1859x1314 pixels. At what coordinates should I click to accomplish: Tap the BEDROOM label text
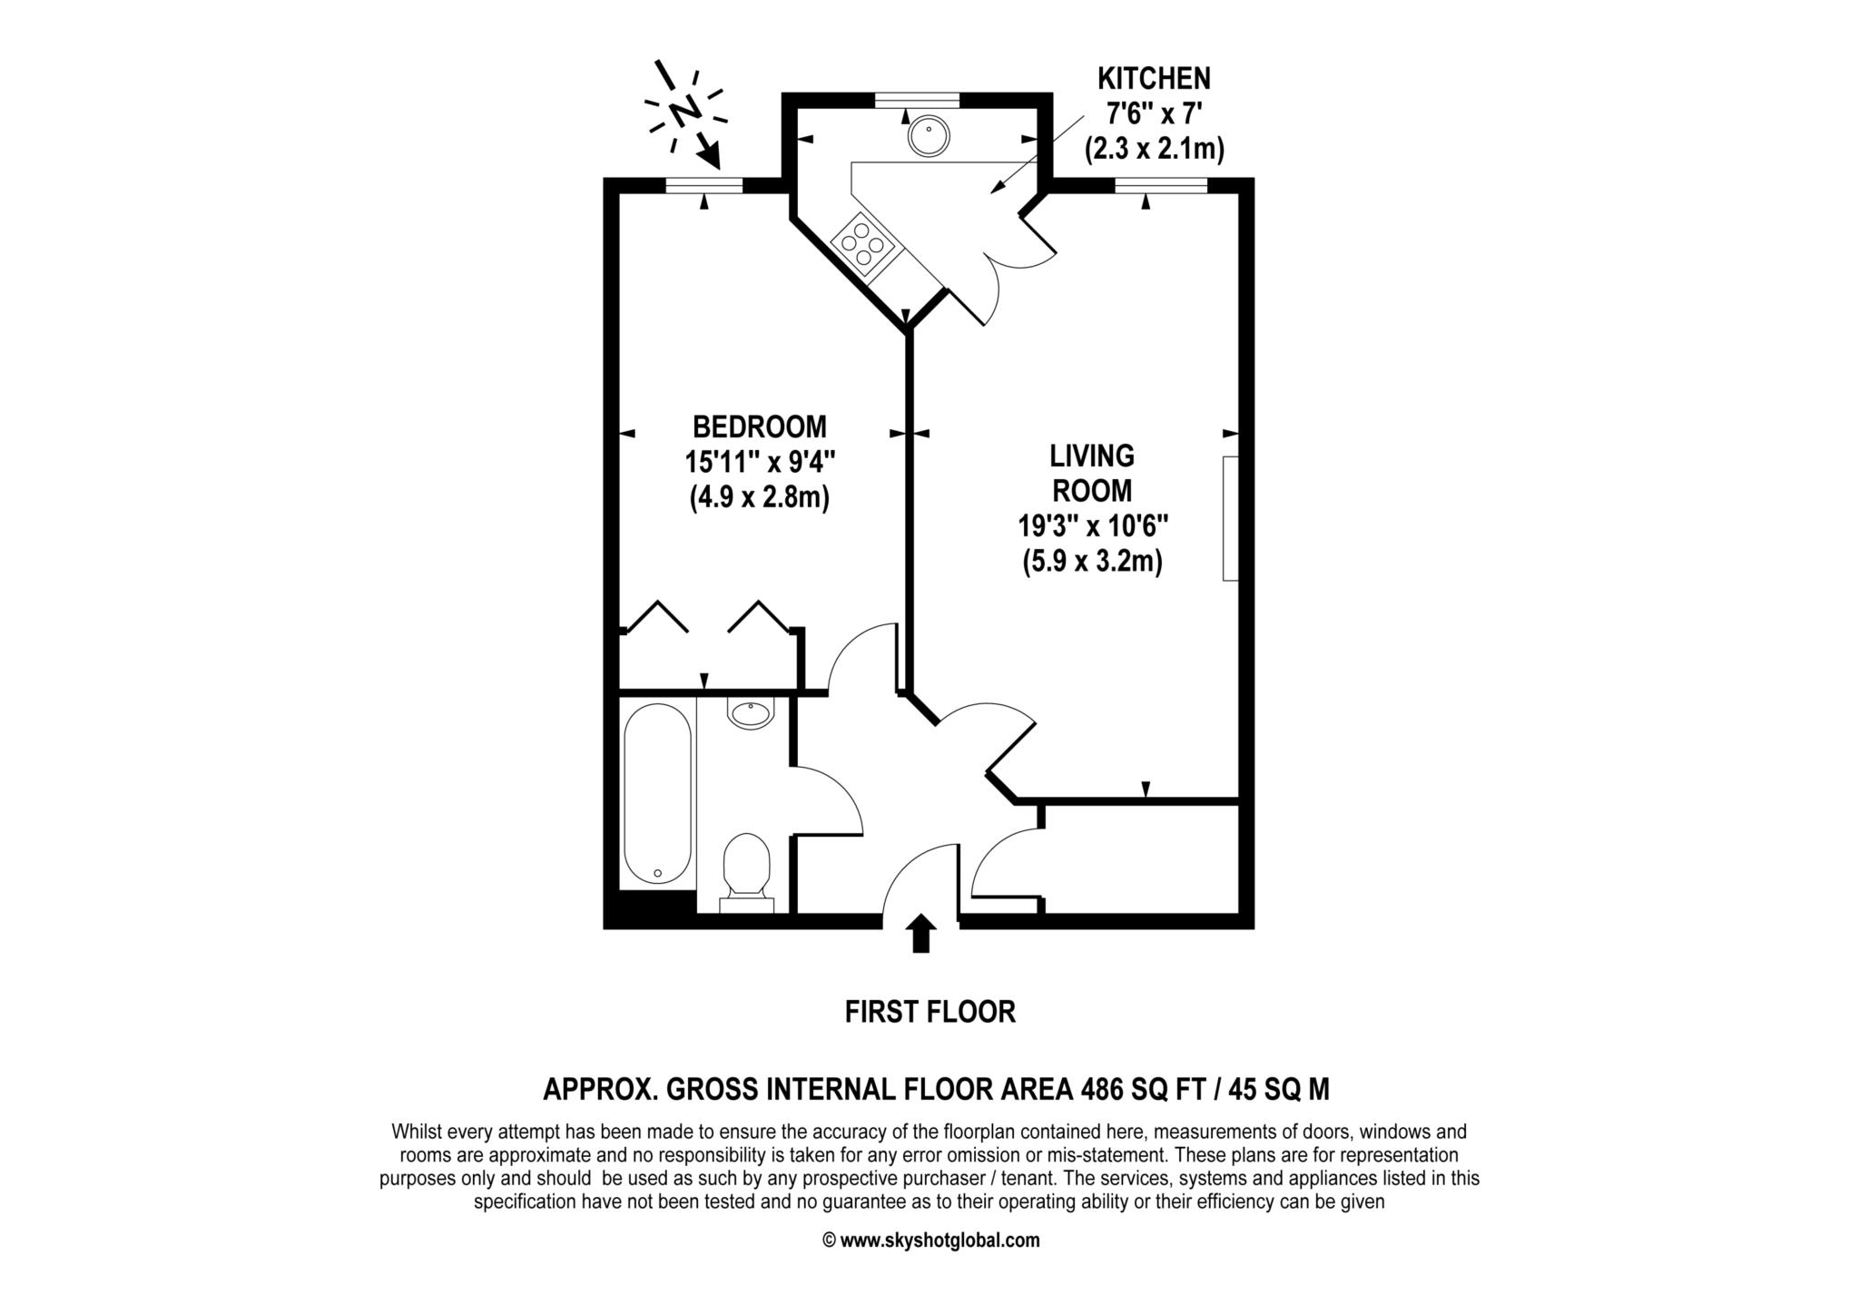click(759, 426)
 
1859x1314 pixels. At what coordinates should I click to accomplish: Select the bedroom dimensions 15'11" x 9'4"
click(759, 462)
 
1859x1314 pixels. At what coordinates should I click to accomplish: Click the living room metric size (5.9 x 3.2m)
click(1092, 562)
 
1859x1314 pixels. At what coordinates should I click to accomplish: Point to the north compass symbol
click(685, 111)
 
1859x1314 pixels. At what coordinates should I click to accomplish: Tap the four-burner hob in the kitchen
click(863, 243)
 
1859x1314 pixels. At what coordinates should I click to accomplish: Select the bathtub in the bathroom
click(658, 794)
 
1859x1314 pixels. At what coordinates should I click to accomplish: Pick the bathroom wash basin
click(751, 713)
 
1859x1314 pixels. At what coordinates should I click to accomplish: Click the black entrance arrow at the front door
click(921, 933)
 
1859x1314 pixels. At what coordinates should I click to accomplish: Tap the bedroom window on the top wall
click(703, 185)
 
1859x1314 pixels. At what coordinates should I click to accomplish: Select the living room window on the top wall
click(1161, 185)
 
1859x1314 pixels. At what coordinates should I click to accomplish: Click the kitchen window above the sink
click(917, 99)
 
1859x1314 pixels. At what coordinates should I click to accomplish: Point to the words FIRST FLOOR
click(929, 1012)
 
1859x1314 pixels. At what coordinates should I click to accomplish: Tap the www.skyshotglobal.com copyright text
click(930, 1240)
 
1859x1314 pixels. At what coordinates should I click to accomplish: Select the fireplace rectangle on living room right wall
click(1231, 518)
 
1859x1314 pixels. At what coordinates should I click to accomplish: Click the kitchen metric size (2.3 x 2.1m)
click(1154, 150)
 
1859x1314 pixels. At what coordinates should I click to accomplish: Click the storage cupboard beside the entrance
click(1141, 858)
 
